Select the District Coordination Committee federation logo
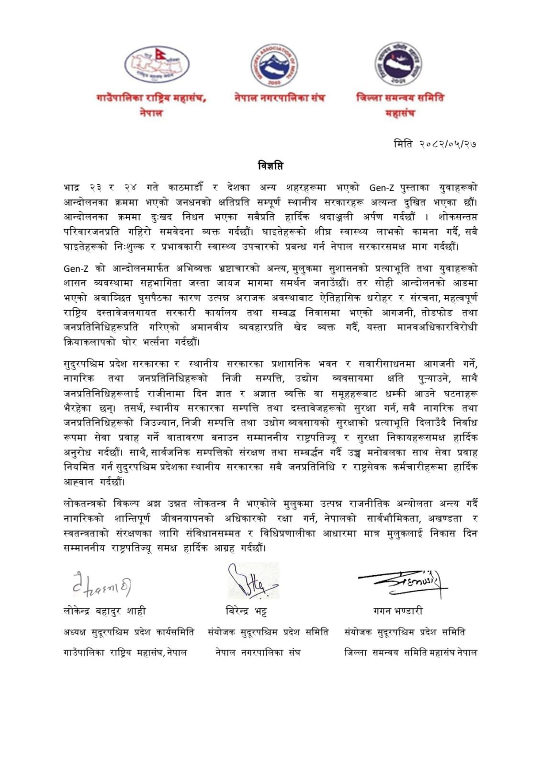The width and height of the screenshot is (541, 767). pos(398,64)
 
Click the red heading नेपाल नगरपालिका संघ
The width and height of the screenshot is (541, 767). pos(280,98)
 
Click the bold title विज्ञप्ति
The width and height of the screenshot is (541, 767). pos(270,166)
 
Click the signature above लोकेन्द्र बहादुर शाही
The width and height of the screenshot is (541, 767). pos(101,585)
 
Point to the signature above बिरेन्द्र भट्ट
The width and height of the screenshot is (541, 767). pos(252,582)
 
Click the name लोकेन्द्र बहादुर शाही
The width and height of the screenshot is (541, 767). pos(104,611)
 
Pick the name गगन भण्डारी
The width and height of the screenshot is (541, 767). pos(398,611)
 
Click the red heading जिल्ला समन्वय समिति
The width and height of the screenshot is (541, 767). pos(400,98)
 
